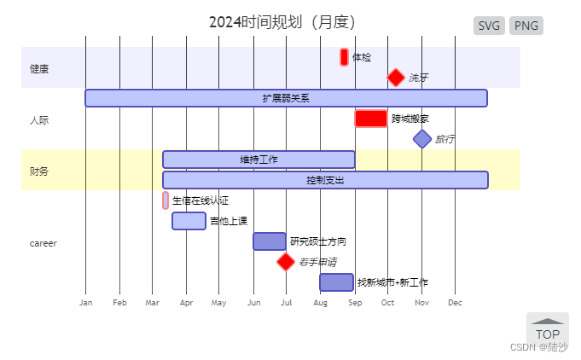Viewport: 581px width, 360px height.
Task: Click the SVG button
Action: pyautogui.click(x=490, y=26)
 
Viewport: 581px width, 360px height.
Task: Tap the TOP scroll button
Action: pyautogui.click(x=547, y=329)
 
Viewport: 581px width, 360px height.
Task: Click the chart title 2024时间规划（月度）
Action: pyautogui.click(x=282, y=22)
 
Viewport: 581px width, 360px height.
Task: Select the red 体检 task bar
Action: pyautogui.click(x=344, y=57)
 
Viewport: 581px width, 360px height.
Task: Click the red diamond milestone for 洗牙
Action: pyautogui.click(x=396, y=78)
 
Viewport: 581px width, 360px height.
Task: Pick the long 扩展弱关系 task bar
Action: pyautogui.click(x=286, y=98)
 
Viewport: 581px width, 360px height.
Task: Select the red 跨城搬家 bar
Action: pyautogui.click(x=371, y=119)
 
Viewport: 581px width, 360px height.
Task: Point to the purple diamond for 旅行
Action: pyautogui.click(x=422, y=138)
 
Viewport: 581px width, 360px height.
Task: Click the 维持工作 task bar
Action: pyautogui.click(x=259, y=160)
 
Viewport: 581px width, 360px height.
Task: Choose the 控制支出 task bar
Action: pyautogui.click(x=325, y=180)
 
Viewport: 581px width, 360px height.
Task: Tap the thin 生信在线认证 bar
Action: pyautogui.click(x=166, y=200)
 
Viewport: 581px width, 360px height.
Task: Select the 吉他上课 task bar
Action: pyautogui.click(x=189, y=221)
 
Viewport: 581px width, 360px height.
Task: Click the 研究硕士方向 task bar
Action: pyautogui.click(x=270, y=241)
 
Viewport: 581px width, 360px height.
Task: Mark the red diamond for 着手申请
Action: pyautogui.click(x=286, y=262)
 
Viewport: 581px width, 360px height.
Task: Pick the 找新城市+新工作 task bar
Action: pyautogui.click(x=337, y=282)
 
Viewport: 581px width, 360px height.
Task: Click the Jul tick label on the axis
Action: pyautogui.click(x=287, y=303)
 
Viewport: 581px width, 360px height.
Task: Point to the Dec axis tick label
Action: pyautogui.click(x=455, y=303)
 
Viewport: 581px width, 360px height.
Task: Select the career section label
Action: pyautogui.click(x=43, y=243)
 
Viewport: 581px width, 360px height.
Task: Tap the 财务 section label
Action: pyautogui.click(x=39, y=171)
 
